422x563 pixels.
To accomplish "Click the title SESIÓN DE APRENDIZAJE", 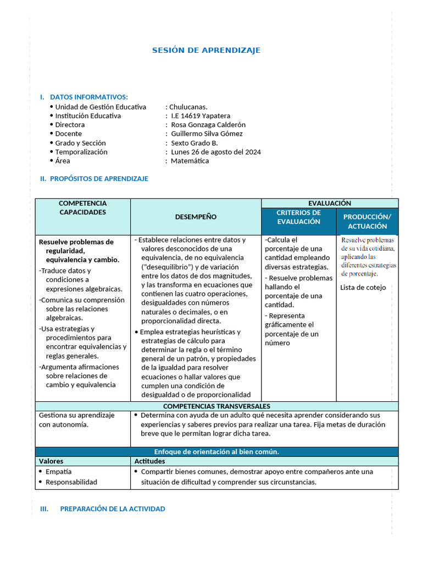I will click(206, 51).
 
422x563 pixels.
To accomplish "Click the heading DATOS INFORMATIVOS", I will click(88, 97).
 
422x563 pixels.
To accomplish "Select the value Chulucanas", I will click(188, 107).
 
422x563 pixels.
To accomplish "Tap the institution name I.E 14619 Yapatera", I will click(201, 116).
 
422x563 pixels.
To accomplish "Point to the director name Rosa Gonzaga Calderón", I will click(208, 125).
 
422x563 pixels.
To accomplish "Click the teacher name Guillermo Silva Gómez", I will click(207, 134).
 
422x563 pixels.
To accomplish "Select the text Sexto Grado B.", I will click(195, 143).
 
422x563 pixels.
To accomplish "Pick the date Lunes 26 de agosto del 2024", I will click(216, 152).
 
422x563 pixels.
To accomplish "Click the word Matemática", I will click(190, 161).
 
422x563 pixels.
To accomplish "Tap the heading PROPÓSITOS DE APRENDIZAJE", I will click(99, 179).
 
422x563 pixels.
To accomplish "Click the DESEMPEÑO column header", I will click(196, 217).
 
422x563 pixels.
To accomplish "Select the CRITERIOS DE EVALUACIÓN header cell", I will click(298, 217).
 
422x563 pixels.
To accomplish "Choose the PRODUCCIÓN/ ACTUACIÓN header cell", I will click(367, 221).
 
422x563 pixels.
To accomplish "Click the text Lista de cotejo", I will click(363, 288).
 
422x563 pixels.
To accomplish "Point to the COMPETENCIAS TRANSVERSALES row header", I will click(216, 406).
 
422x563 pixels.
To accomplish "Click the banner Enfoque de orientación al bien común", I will click(216, 451).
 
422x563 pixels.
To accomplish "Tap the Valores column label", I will click(51, 461).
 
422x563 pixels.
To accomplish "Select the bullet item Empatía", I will click(58, 472).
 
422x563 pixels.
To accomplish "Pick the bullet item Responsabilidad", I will click(71, 482).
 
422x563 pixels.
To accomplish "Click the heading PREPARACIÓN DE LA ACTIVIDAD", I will click(112, 509).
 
